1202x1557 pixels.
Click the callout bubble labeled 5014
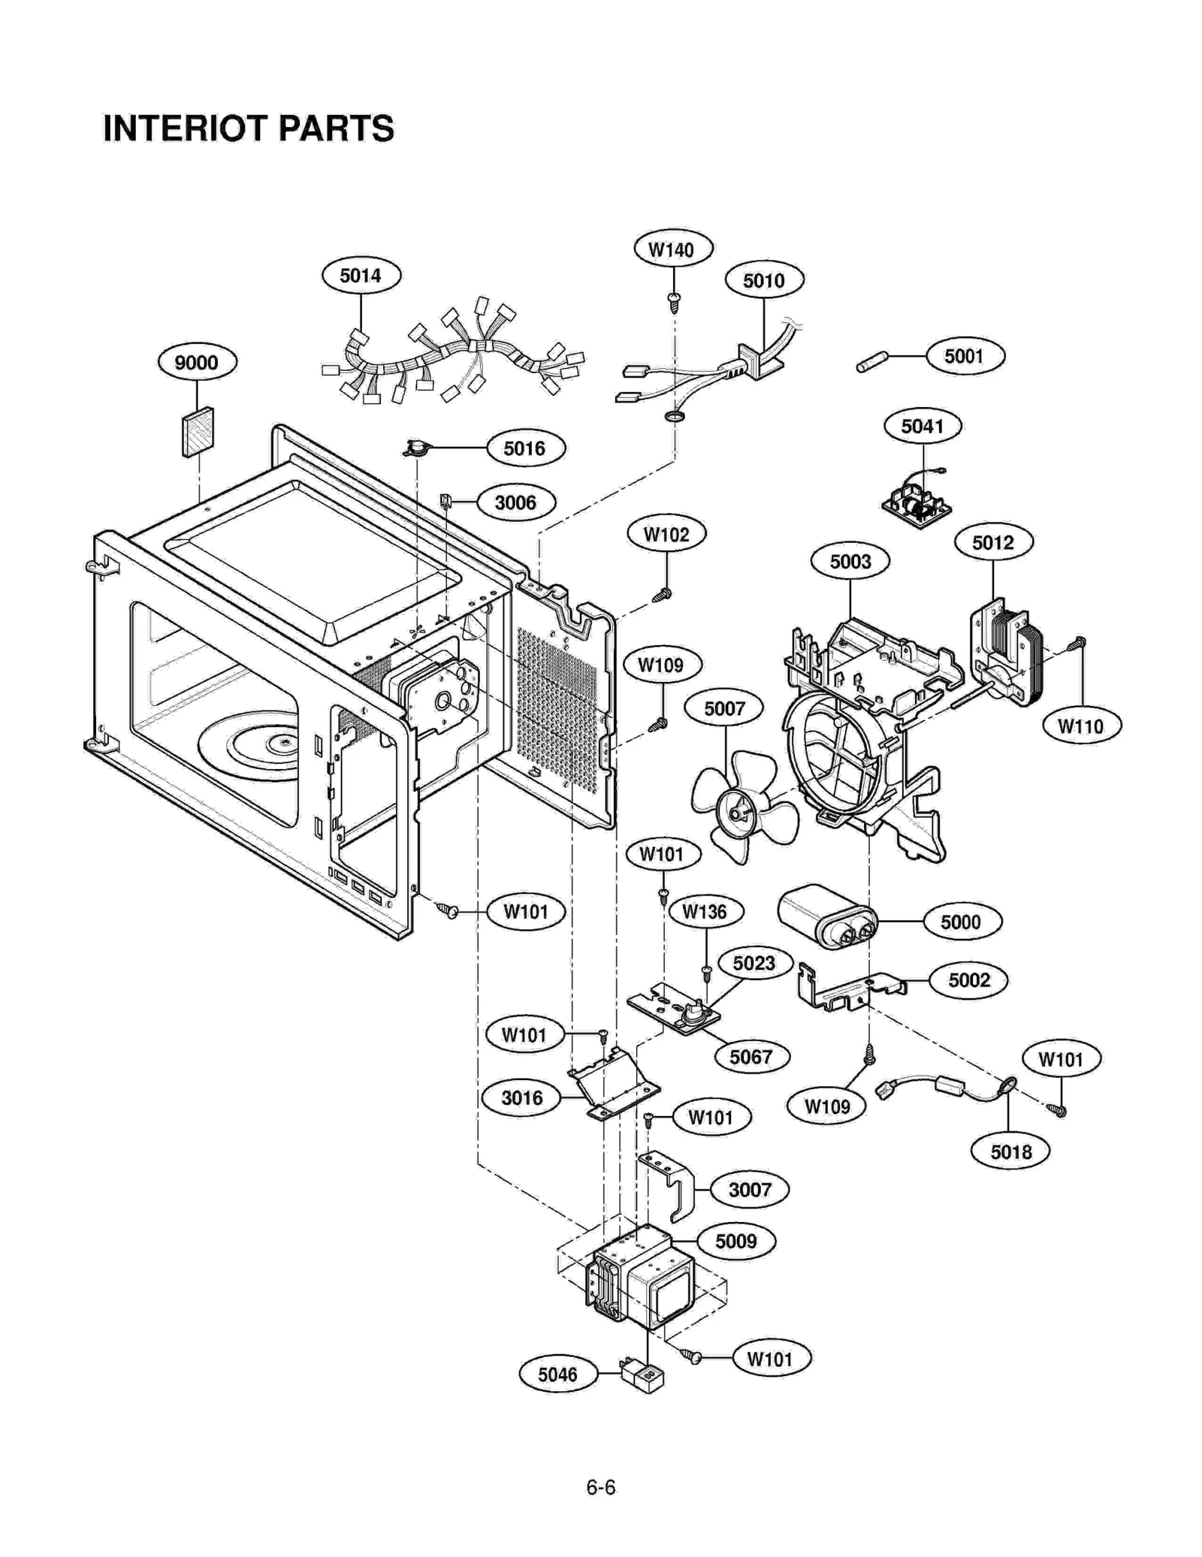(361, 276)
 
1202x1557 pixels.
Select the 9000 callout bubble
(197, 363)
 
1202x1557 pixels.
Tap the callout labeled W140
(672, 249)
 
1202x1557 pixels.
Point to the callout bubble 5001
(964, 356)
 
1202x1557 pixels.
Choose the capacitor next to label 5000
(826, 917)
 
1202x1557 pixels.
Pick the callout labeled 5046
(557, 1374)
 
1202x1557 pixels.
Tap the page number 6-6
(600, 1487)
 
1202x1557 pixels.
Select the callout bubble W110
(1081, 726)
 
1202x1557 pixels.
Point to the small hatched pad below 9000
(198, 433)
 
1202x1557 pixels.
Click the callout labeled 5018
(1010, 1151)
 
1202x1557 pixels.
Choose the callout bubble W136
(704, 912)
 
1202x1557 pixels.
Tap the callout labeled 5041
(922, 427)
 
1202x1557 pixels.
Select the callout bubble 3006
(515, 502)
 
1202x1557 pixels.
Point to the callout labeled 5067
(750, 1057)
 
